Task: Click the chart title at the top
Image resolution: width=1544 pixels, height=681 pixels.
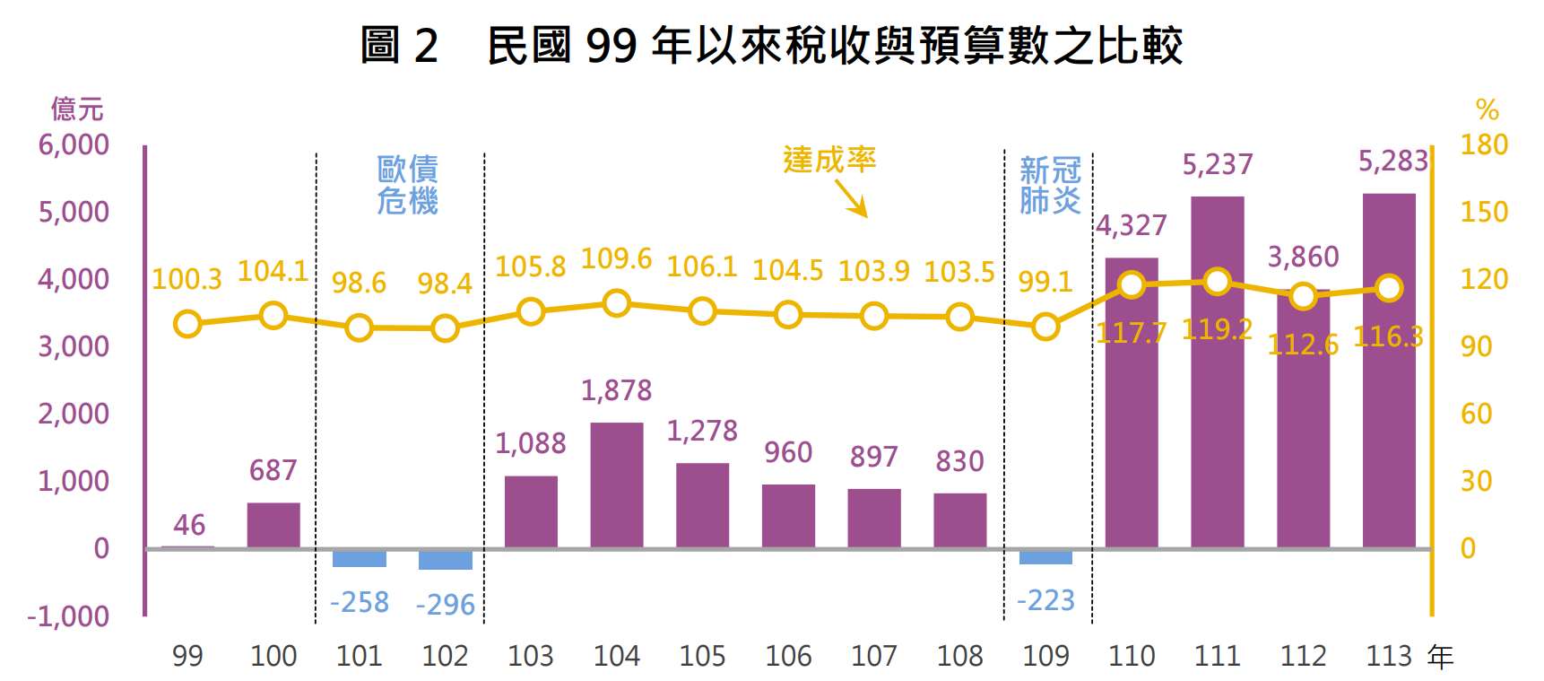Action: point(771,45)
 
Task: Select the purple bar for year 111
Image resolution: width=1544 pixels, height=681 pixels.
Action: point(1217,371)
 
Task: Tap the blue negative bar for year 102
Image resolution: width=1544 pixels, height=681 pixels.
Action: point(445,559)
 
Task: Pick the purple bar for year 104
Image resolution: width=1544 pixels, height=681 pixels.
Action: point(616,485)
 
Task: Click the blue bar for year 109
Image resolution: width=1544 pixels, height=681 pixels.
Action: point(1045,556)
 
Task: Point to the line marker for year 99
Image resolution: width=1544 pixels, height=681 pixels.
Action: point(187,324)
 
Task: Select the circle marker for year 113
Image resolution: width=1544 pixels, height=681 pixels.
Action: point(1389,288)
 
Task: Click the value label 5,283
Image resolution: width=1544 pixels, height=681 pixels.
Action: point(1392,162)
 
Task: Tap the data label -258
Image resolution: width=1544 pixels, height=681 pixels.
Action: point(360,602)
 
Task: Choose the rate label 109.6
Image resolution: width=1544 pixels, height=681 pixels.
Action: point(616,258)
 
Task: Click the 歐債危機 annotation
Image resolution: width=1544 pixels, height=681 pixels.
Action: point(407,185)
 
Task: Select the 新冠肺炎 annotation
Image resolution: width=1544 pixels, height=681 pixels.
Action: point(1049,185)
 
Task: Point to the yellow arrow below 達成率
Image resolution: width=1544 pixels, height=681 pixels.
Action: point(851,197)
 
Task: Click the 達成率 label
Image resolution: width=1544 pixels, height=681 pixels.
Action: point(828,160)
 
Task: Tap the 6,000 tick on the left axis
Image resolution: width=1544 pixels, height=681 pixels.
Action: point(74,144)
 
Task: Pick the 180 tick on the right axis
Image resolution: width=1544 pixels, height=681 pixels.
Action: point(1484,144)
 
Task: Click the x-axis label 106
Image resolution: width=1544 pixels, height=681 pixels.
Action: point(788,656)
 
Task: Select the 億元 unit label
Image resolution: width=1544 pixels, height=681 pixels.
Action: point(77,109)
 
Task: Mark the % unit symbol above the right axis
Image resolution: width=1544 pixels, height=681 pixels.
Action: point(1487,110)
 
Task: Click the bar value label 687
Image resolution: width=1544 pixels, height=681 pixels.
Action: point(273,470)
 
